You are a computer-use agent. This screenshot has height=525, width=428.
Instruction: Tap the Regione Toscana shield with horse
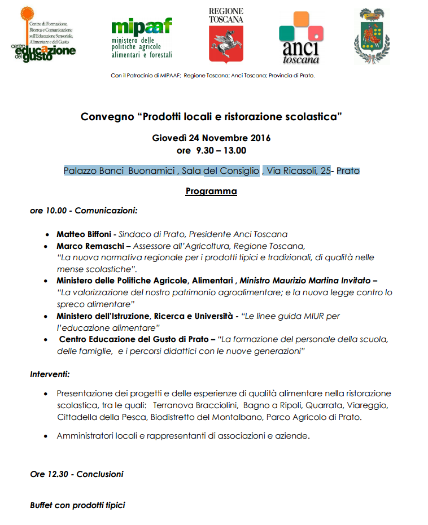[226, 44]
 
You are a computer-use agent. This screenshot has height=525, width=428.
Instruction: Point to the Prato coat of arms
[372, 37]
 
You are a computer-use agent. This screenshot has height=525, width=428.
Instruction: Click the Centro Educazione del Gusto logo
[42, 35]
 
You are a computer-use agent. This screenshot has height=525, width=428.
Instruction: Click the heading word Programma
[211, 191]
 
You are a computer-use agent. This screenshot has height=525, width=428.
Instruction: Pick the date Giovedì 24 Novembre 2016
[211, 138]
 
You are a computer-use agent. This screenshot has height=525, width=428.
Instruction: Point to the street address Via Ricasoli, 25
[299, 170]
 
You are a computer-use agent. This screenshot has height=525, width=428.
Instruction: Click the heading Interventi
[50, 374]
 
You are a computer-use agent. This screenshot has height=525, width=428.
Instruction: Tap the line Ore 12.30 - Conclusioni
[76, 474]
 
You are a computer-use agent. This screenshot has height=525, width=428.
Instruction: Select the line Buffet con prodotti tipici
[77, 505]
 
